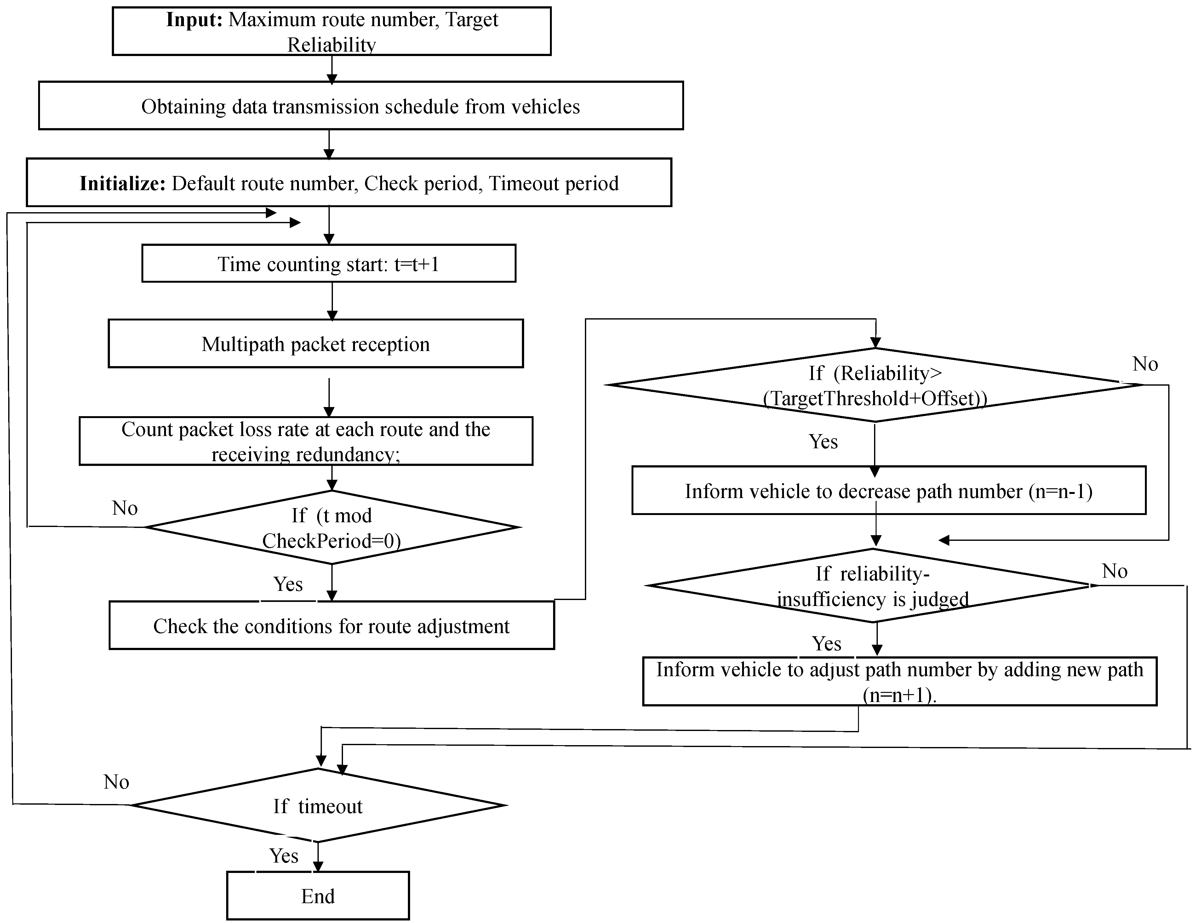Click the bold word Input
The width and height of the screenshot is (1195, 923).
pyautogui.click(x=194, y=20)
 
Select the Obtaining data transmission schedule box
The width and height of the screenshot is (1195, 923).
pyautogui.click(x=361, y=106)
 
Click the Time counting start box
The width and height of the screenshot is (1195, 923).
pyautogui.click(x=328, y=263)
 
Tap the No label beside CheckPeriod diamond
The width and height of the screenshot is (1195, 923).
pyautogui.click(x=125, y=508)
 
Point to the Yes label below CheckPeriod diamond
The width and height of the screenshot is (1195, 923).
pyautogui.click(x=288, y=584)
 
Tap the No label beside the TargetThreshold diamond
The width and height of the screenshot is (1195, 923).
pyautogui.click(x=1145, y=364)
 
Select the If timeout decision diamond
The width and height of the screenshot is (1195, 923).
pyautogui.click(x=318, y=806)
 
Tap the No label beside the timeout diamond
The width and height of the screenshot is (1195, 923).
pyautogui.click(x=116, y=782)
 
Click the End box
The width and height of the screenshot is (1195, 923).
pyautogui.click(x=318, y=896)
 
